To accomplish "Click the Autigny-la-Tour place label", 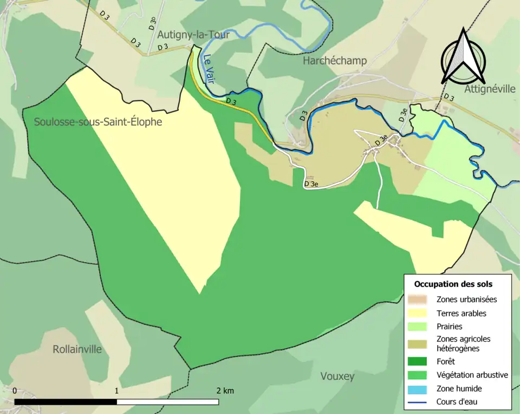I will click(193, 35).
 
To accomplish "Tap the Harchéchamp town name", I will click(334, 60).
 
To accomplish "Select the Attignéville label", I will click(490, 89).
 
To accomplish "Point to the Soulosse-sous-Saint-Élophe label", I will click(98, 122).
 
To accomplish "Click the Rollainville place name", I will click(77, 349).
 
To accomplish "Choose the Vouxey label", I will click(337, 376).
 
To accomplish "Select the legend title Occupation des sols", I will click(453, 284).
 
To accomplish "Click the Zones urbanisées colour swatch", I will click(418, 299).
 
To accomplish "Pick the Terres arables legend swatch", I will click(418, 313).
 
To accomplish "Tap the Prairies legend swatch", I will click(418, 327).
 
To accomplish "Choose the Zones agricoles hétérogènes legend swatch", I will click(418, 343).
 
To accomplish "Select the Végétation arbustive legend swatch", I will click(418, 374).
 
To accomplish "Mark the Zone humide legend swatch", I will click(418, 388).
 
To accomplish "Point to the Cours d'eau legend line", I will click(418, 402).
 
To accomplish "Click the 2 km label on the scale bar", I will click(225, 391).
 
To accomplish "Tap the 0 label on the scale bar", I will click(14, 391).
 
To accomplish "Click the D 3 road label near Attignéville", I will click(448, 97).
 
